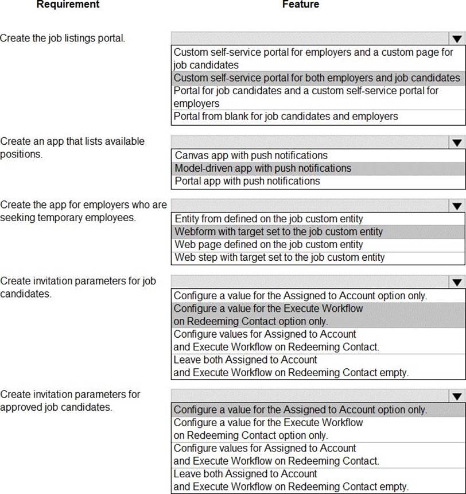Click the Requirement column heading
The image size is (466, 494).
68,5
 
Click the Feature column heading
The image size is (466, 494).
300,5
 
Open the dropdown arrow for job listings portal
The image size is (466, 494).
457,39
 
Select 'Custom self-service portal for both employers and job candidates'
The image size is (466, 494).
317,78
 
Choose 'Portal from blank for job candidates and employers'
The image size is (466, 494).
286,117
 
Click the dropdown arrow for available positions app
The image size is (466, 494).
457,142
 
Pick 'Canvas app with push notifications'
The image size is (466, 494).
251,155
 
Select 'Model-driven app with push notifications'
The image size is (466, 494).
263,168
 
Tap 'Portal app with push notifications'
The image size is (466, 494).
247,181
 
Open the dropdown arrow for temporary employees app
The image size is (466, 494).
457,206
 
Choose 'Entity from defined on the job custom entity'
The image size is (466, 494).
269,219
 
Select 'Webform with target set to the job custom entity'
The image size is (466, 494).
278,231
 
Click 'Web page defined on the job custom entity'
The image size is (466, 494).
269,245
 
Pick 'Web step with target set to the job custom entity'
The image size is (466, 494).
279,257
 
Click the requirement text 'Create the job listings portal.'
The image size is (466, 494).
63,38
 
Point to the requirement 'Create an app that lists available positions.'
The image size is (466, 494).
72,148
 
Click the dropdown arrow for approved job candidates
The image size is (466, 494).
457,396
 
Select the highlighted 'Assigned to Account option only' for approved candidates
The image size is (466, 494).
300,410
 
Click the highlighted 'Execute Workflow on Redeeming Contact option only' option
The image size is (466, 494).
269,315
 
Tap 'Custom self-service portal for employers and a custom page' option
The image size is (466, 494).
313,58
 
